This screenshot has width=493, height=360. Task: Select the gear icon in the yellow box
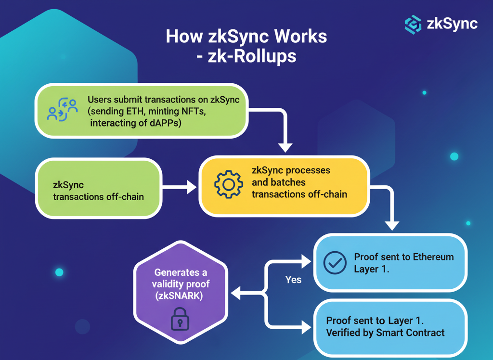(x=228, y=184)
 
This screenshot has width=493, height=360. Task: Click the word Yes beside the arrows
(x=293, y=280)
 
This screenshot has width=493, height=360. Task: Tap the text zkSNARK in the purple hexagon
(x=179, y=296)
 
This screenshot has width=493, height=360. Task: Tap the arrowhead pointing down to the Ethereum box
(x=393, y=223)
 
